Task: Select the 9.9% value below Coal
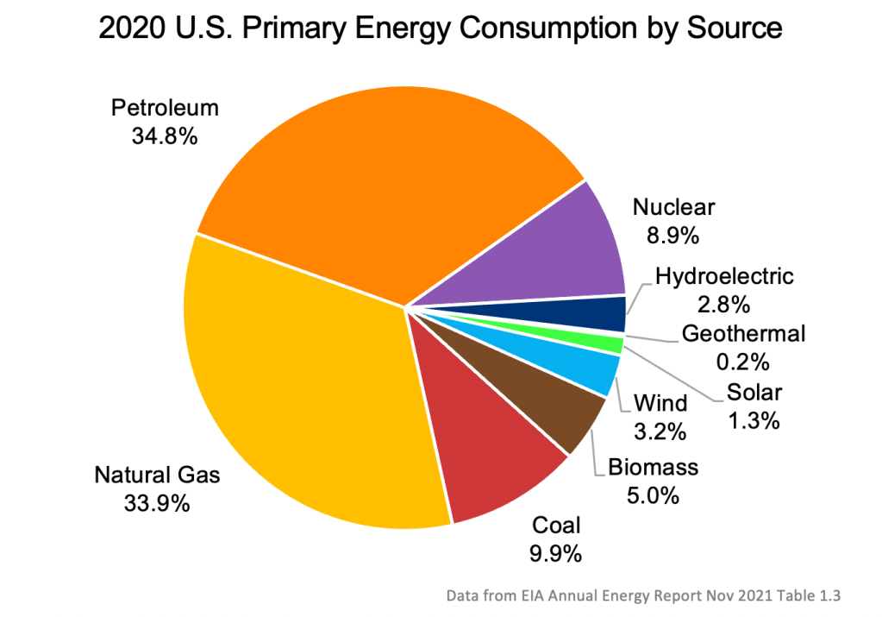coord(556,552)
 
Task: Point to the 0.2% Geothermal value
coord(742,360)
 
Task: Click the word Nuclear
coord(673,207)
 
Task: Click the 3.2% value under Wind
coord(660,431)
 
